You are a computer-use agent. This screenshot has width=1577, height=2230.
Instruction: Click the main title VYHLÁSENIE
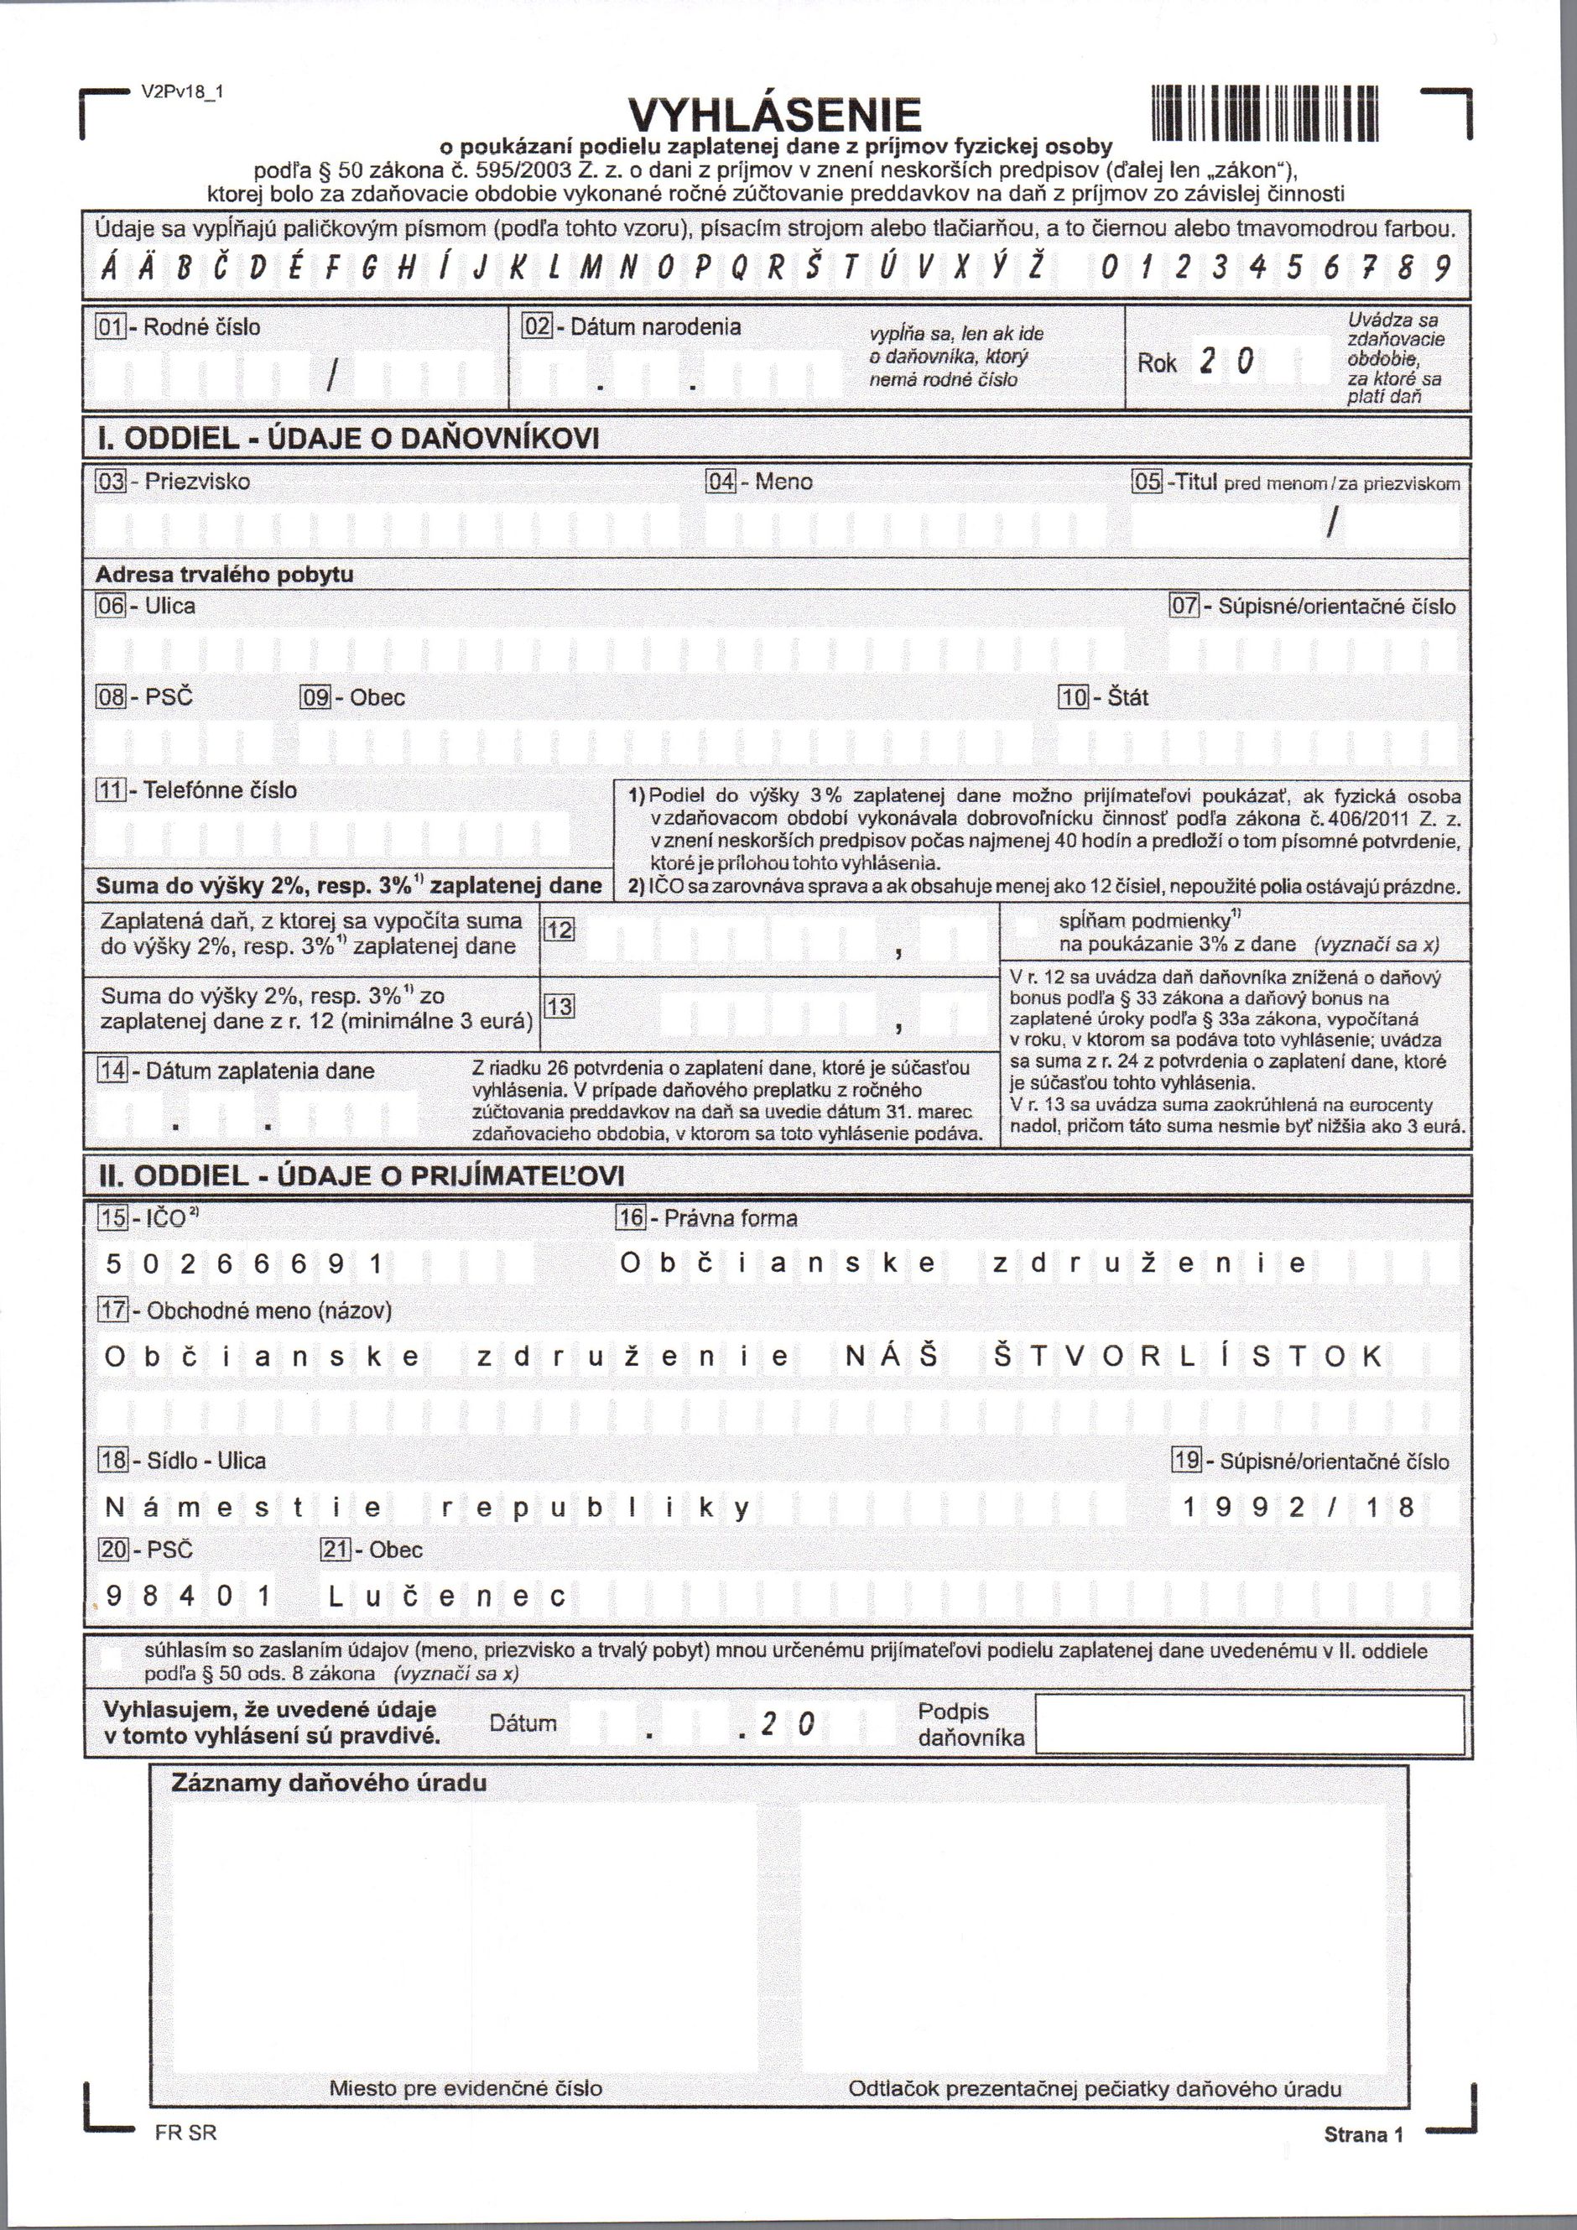click(775, 116)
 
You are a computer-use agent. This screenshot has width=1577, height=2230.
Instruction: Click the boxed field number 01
click(110, 327)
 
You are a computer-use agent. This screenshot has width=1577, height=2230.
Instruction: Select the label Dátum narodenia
click(654, 327)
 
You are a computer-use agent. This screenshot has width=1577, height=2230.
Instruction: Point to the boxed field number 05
click(1147, 482)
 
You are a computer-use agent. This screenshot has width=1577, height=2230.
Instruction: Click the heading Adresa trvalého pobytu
click(224, 574)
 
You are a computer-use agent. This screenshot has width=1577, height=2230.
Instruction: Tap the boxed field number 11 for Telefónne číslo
click(111, 789)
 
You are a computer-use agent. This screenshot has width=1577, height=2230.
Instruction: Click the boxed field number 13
click(559, 1006)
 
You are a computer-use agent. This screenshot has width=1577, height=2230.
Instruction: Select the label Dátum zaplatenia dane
click(259, 1071)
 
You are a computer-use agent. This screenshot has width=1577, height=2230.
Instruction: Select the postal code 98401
click(187, 1596)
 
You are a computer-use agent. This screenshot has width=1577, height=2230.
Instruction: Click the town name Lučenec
click(447, 1597)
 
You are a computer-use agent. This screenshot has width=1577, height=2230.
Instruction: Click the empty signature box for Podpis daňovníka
click(1250, 1724)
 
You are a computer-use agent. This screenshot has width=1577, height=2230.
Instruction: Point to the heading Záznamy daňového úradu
click(329, 1783)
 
